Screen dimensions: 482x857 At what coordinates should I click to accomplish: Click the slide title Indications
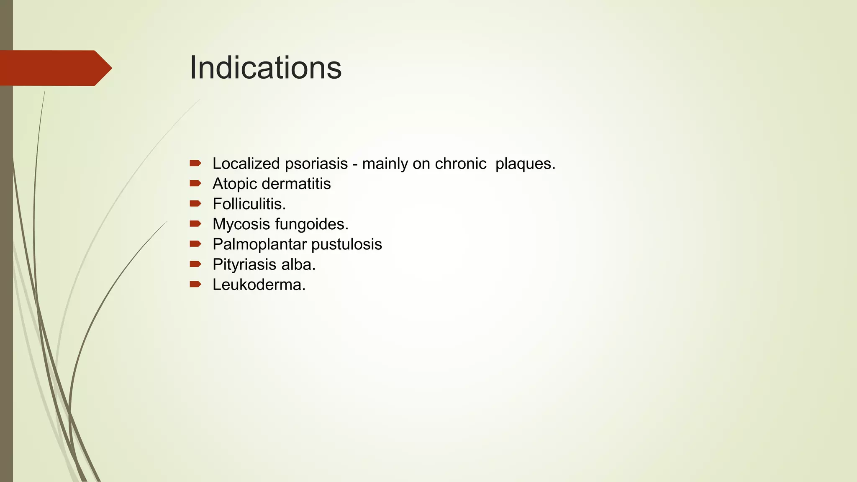point(265,68)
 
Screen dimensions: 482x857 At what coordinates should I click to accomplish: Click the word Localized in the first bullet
point(246,164)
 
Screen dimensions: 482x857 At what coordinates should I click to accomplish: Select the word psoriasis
point(316,164)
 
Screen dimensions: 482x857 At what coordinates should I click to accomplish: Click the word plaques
point(525,164)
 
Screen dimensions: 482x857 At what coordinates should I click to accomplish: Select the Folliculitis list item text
point(249,204)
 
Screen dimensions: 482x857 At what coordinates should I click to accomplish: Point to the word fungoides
point(312,224)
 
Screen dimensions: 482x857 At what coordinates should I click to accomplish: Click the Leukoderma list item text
point(259,285)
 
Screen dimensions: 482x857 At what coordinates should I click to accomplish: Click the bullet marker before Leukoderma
point(195,285)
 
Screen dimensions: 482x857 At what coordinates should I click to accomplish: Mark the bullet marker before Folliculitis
point(195,204)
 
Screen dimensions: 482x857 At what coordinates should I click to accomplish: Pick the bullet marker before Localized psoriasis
point(195,163)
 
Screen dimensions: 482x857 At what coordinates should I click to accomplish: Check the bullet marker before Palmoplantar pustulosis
point(195,244)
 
